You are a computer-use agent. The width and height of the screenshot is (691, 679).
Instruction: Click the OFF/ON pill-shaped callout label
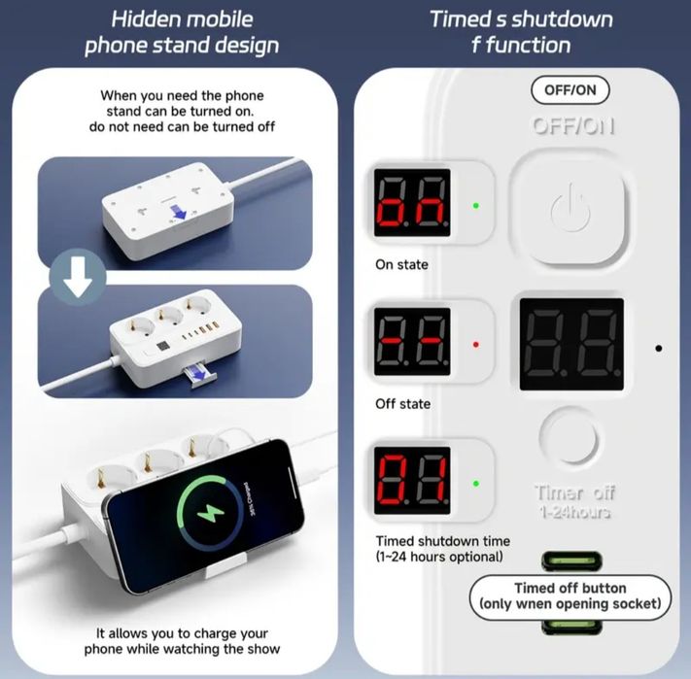570,90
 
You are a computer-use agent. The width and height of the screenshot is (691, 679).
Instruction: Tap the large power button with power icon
570,208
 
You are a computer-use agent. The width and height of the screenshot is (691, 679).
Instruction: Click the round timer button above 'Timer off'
569,438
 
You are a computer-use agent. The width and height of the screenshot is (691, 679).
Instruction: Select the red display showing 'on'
412,203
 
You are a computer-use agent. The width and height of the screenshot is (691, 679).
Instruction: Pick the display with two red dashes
412,341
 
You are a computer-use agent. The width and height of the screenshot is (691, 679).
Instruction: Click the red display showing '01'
412,481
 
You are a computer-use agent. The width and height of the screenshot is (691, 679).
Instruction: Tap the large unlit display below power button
571,344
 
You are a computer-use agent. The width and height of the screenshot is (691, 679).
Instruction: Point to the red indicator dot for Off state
475,344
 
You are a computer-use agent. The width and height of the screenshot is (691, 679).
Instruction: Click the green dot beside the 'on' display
475,206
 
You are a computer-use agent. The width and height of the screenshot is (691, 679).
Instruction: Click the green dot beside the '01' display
475,484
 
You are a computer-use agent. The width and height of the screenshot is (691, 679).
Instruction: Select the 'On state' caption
401,264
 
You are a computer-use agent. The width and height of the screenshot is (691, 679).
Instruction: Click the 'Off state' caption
402,404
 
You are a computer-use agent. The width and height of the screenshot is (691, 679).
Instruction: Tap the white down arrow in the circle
78,277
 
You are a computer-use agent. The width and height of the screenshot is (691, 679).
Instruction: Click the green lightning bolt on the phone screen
210,513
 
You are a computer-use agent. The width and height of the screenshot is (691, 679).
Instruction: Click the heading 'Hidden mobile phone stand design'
182,33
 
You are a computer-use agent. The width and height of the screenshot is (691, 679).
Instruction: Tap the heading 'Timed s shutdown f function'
521,32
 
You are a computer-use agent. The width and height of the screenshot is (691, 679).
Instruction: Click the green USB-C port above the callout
571,561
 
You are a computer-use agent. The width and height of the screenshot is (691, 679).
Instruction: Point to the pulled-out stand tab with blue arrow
198,376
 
